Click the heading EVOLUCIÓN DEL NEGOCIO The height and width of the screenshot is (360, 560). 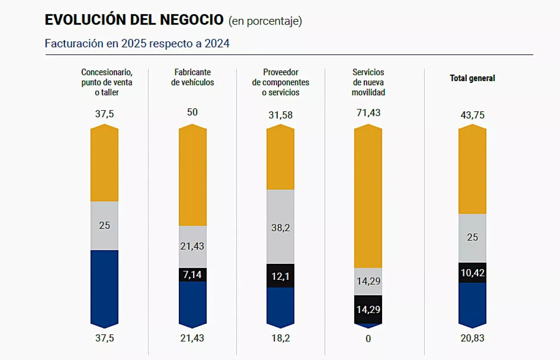[x=134, y=20]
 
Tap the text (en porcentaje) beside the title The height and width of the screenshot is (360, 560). [x=265, y=21]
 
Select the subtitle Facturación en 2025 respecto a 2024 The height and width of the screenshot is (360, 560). [x=137, y=44]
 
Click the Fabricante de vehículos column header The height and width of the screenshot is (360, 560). [x=192, y=77]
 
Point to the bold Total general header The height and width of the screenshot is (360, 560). [x=472, y=78]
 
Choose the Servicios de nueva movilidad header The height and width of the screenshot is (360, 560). [x=368, y=82]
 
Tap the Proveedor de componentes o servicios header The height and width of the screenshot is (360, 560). [x=280, y=82]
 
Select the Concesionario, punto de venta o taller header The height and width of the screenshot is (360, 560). [x=106, y=82]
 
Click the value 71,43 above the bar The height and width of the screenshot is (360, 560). [x=368, y=113]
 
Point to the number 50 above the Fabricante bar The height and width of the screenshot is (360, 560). [x=192, y=112]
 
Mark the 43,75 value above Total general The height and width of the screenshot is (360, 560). [x=472, y=115]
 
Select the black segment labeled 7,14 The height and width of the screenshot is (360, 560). [x=193, y=275]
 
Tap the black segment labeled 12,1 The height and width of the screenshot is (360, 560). [x=280, y=275]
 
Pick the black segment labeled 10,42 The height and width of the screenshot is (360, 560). [x=472, y=272]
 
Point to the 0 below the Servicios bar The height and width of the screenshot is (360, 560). [x=368, y=339]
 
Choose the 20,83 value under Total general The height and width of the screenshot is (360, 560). [x=472, y=338]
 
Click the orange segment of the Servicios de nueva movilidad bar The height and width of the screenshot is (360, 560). [x=368, y=198]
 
